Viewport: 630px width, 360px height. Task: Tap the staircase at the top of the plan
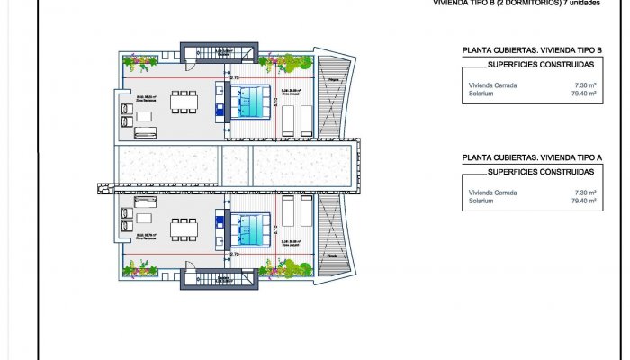(x=203, y=51)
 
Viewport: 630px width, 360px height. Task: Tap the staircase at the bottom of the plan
(x=203, y=278)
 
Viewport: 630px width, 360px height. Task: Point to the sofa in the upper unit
(x=145, y=133)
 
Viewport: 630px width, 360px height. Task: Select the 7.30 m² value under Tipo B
(x=586, y=85)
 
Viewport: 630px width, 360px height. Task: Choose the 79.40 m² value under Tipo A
(x=585, y=201)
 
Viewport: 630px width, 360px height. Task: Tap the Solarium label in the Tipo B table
(x=481, y=94)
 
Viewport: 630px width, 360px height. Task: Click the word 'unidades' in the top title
(x=582, y=3)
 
